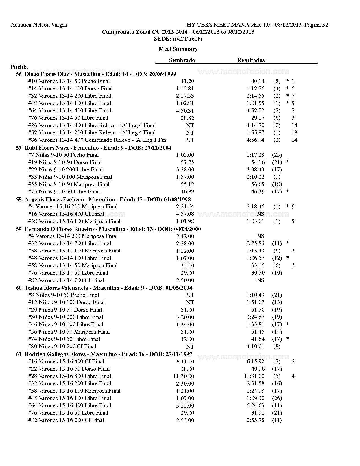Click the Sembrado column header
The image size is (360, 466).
pos(182,60)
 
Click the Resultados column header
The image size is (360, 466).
pos(251,60)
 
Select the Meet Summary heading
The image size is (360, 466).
pos(178,49)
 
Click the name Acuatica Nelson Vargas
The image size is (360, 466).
pos(39,25)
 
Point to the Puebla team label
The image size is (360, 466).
pos(19,67)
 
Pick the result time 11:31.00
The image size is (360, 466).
pos(254,376)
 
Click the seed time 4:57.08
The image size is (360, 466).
pos(185,214)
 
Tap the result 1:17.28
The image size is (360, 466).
pos(255,155)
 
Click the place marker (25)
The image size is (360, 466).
pos(277,155)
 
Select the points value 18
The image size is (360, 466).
pos(294,132)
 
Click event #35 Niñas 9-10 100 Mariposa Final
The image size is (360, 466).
pos(70,177)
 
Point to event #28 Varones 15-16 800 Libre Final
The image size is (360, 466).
pos(69,376)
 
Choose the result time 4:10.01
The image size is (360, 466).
pos(255,346)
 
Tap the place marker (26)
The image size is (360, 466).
pos(277,398)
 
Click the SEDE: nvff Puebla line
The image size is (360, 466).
pos(178,39)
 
